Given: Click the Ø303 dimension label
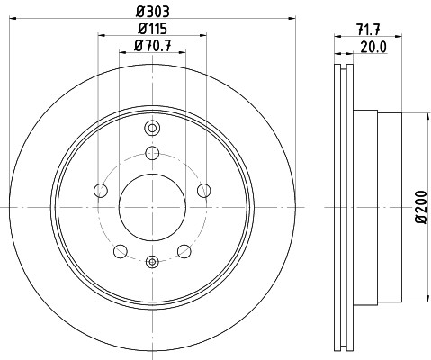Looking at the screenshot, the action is click(153, 12).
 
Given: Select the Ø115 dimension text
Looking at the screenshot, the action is click(152, 29).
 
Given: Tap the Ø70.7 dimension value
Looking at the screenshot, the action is click(153, 46).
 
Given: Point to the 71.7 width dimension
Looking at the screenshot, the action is click(368, 30).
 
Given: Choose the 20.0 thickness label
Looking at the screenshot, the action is click(373, 48).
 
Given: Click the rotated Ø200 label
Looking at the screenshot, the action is click(421, 207).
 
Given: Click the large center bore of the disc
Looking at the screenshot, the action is click(152, 207).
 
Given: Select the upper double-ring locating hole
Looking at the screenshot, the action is click(152, 129).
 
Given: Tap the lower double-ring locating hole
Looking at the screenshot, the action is click(152, 262).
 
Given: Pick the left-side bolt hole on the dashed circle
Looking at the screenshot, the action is click(101, 191).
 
